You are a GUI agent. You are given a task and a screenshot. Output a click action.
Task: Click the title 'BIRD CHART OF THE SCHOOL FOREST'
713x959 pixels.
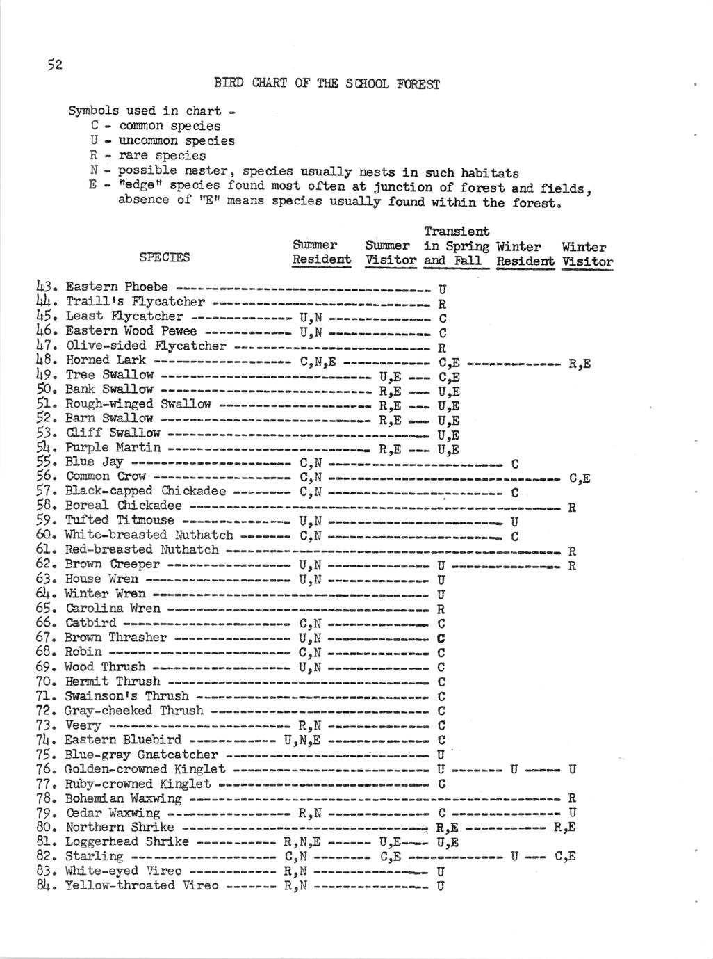[327, 84]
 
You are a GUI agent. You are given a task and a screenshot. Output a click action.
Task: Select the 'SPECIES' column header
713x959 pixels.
[164, 257]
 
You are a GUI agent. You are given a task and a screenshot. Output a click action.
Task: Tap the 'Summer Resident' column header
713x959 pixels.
[322, 253]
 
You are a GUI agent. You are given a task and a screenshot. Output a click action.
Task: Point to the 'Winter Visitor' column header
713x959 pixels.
[587, 255]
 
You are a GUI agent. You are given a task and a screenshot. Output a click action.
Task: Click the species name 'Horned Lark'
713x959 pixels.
[106, 360]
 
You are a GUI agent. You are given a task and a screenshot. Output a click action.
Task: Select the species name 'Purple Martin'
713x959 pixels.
[113, 447]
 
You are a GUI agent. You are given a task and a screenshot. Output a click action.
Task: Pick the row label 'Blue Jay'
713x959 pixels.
[95, 462]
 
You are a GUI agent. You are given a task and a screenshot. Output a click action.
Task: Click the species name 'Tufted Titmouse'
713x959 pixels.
[120, 520]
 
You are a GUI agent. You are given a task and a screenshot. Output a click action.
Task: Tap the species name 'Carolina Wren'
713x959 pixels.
[113, 608]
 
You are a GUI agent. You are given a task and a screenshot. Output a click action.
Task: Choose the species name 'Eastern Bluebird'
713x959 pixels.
[124, 739]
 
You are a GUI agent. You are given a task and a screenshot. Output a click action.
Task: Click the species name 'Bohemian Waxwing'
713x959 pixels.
[124, 798]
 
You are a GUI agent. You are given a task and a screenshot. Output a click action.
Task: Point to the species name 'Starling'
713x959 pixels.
[95, 856]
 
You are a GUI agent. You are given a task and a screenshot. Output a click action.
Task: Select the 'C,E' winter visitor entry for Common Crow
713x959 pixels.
[580, 478]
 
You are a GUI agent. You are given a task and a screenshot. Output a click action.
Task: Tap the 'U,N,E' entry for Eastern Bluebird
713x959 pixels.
[302, 740]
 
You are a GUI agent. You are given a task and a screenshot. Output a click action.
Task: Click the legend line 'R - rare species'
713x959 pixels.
[148, 155]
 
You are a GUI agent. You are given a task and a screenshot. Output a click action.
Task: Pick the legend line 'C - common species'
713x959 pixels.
[156, 126]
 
